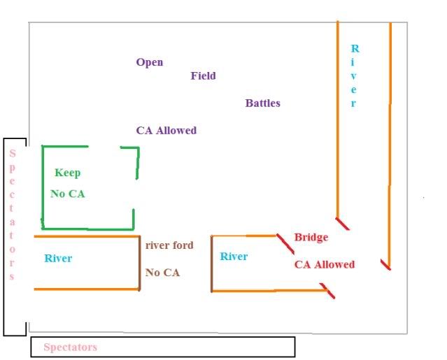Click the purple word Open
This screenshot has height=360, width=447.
[150, 62]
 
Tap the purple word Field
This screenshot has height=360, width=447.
[204, 75]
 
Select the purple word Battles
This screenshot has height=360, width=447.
[262, 103]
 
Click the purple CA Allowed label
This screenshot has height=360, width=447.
[166, 130]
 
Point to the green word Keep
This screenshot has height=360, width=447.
[67, 173]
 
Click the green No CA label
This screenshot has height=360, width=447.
[67, 194]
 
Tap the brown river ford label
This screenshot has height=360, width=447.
[169, 245]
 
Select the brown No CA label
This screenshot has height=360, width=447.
[162, 273]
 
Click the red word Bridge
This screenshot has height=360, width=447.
[311, 238]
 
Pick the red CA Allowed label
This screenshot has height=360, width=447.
[324, 264]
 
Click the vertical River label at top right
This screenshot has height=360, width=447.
[354, 76]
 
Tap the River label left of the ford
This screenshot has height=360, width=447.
[58, 259]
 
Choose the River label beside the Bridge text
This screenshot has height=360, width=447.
[234, 257]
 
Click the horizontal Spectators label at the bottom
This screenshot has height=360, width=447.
[70, 347]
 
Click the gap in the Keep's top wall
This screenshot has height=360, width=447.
[104, 147]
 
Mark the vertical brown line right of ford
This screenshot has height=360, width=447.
[211, 263]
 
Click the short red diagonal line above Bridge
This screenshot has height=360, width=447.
[284, 243]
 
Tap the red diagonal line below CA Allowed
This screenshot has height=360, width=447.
[327, 291]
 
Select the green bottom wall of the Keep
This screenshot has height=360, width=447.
[87, 229]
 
